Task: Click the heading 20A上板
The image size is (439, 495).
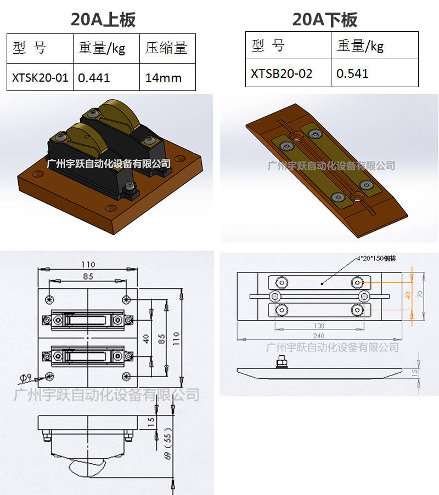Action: click(103, 20)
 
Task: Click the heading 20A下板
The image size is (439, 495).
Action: click(325, 20)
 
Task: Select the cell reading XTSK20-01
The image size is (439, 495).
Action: click(40, 78)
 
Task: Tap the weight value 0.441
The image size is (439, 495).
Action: click(94, 78)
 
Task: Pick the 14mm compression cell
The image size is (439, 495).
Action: click(163, 78)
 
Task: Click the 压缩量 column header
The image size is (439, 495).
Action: click(166, 48)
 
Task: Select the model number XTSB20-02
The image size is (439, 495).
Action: click(282, 73)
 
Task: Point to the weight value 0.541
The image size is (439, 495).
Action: click(353, 73)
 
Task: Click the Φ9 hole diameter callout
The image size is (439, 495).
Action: click(25, 378)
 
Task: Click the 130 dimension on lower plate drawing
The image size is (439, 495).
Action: click(319, 326)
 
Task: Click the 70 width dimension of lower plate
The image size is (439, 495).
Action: click(420, 294)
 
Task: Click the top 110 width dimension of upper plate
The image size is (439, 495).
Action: click(88, 265)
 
